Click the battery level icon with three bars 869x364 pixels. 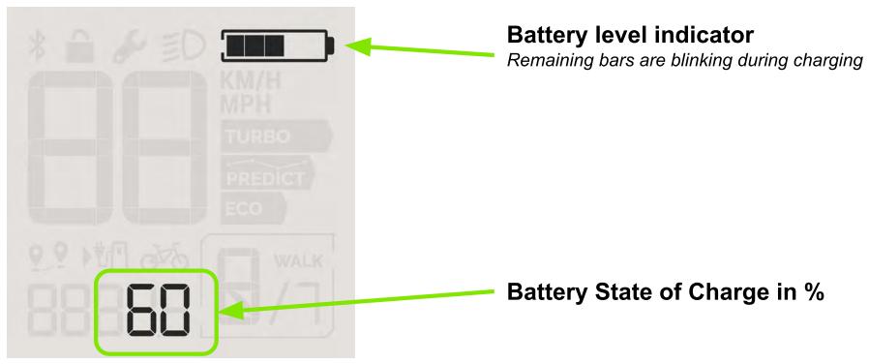(279, 45)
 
